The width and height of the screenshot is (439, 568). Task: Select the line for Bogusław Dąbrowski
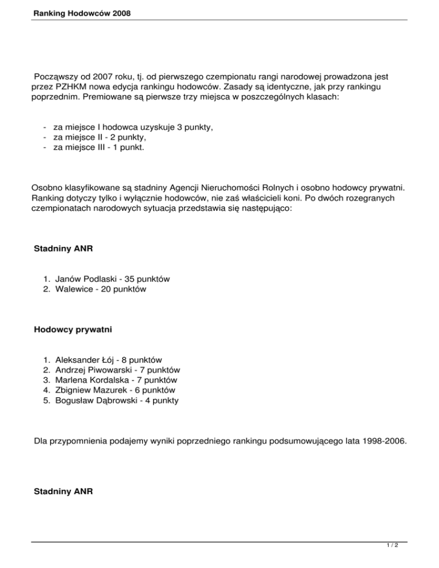point(116,401)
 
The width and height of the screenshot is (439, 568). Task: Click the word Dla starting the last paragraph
point(42,441)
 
